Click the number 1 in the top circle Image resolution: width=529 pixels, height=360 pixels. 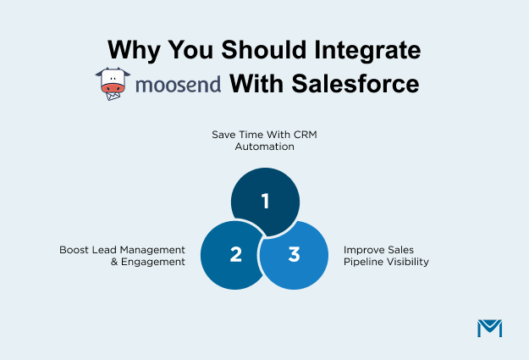[265, 201]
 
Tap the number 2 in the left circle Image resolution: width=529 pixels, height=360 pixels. [236, 254]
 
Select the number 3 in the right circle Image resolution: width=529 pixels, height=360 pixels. [294, 254]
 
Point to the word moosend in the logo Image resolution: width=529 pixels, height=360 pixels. [177, 85]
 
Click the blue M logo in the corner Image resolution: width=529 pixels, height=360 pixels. [489, 329]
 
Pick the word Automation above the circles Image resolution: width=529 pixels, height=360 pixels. [264, 147]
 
